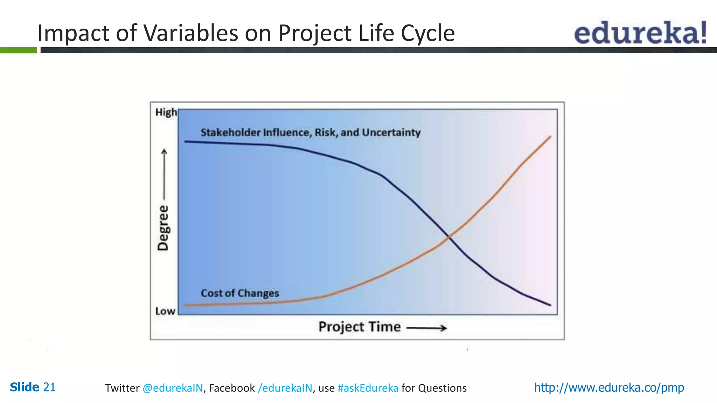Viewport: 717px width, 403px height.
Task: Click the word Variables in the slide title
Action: (191, 33)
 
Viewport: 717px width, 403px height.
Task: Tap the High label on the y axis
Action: (166, 112)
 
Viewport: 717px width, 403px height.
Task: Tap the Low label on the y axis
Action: (165, 311)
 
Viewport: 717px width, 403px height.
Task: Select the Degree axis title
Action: (163, 228)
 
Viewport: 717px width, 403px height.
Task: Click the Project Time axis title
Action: (359, 327)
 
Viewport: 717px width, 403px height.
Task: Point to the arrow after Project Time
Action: (427, 328)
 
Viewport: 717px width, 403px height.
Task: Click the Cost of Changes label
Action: (240, 293)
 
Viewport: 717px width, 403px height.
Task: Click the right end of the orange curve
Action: (550, 137)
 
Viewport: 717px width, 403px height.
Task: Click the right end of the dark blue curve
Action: (550, 305)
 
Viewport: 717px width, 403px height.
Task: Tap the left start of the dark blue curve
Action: (186, 142)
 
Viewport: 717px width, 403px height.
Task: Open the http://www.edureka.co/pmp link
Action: (609, 388)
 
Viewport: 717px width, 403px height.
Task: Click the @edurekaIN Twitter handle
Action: (173, 388)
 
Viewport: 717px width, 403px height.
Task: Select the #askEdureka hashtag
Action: (368, 388)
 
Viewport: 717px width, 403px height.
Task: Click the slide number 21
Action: (49, 387)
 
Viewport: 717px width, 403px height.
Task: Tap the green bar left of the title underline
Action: (18, 50)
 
